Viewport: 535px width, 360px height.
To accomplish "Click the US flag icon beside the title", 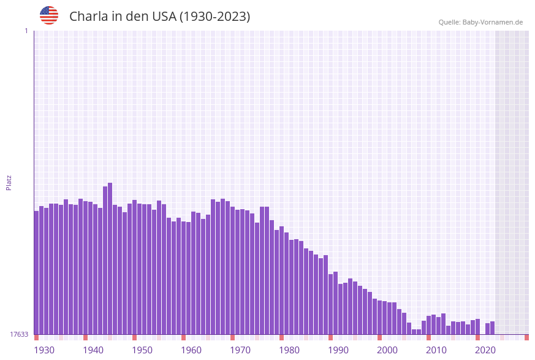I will [x=49, y=15].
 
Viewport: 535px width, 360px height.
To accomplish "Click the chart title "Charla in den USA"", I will [x=159, y=17].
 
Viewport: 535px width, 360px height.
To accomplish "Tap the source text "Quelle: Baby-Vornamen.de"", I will [x=480, y=22].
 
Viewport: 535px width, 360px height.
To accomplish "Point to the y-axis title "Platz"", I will [x=9, y=182].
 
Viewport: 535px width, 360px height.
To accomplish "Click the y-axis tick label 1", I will [x=26, y=31].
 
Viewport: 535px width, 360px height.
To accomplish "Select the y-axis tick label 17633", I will [x=19, y=334].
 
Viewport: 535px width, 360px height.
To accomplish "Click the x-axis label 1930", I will [x=44, y=350].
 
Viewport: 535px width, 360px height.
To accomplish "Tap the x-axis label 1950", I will [x=142, y=350].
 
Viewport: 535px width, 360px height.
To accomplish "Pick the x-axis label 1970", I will [x=240, y=350].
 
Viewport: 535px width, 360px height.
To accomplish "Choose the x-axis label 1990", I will [x=338, y=350].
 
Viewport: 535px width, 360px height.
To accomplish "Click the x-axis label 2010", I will [x=436, y=350].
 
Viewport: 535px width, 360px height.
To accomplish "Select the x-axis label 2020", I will [x=485, y=350].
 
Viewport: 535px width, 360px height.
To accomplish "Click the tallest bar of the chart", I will [x=110, y=258].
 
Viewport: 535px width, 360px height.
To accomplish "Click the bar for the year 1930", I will [x=37, y=273].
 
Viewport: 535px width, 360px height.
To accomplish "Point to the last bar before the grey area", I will [x=492, y=328].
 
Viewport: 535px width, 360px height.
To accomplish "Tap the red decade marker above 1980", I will [x=282, y=337].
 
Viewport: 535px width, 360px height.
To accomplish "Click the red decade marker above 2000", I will [x=380, y=337].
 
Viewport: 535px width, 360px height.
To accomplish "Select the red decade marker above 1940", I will [x=86, y=337].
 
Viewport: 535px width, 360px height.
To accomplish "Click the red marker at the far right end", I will [x=526, y=337].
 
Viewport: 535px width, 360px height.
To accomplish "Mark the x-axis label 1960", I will [x=191, y=350].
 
